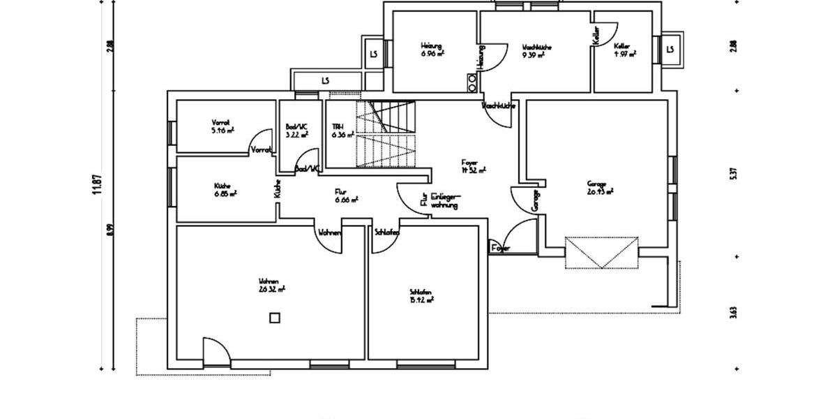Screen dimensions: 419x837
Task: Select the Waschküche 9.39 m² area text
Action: (x=537, y=50)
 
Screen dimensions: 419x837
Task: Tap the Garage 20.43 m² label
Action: (x=599, y=187)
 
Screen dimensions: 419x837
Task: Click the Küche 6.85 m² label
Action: (x=225, y=189)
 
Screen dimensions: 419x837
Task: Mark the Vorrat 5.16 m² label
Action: (x=223, y=126)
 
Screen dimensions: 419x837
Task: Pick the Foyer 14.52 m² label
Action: (x=473, y=166)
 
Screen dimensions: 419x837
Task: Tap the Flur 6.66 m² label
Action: (x=346, y=195)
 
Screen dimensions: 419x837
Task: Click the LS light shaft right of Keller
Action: (x=670, y=50)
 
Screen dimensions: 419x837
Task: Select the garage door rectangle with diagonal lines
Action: (x=601, y=252)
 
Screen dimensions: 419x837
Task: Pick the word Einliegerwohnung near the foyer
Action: (x=444, y=201)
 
